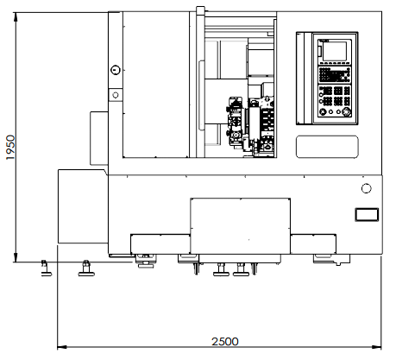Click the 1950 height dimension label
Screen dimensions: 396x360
pos(10,148)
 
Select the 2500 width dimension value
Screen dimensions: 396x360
pos(225,342)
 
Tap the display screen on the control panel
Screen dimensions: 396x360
pos(335,51)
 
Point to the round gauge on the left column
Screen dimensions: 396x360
pos(116,70)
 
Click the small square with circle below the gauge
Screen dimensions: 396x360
pos(116,95)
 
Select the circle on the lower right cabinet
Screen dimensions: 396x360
pos(366,188)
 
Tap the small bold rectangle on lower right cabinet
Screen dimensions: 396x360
pos(367,214)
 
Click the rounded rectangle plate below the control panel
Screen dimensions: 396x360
pos(327,147)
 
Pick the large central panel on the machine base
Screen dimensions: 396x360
pos(240,226)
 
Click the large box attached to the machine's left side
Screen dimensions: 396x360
pos(83,206)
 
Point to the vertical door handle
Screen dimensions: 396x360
pos(201,95)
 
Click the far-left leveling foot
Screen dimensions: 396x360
pos(46,268)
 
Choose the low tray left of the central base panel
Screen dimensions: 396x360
pos(160,244)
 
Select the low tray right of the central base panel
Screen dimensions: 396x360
pos(313,244)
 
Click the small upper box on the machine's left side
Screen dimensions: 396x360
pos(99,138)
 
